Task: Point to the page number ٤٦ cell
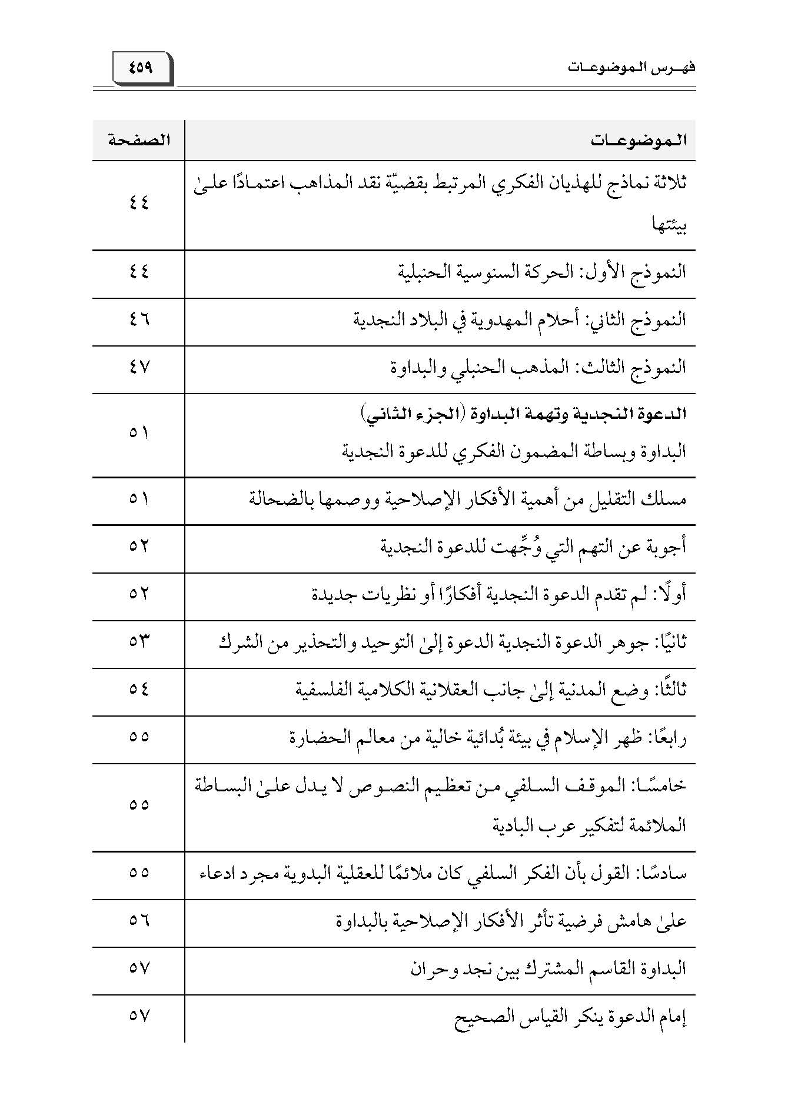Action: click(x=139, y=320)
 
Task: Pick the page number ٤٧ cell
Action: click(x=139, y=368)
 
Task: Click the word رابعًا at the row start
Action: click(x=667, y=737)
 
